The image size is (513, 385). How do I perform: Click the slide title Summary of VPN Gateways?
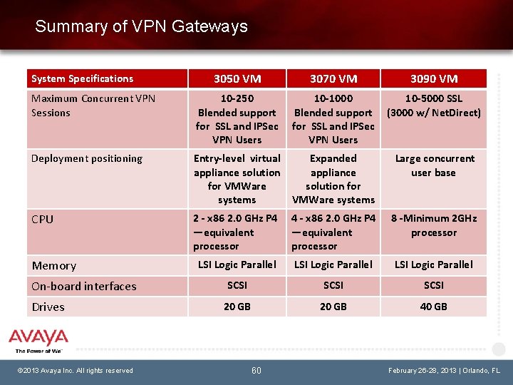click(x=141, y=27)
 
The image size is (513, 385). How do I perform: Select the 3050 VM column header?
click(x=237, y=78)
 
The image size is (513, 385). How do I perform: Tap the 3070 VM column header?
click(x=333, y=78)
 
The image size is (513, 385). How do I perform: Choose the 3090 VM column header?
click(x=433, y=78)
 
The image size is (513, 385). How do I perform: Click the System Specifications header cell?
click(x=83, y=78)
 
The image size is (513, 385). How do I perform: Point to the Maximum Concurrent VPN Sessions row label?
click(x=93, y=106)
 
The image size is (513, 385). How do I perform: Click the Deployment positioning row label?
click(x=87, y=158)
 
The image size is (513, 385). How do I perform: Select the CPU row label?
click(x=43, y=219)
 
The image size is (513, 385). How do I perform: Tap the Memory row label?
click(x=54, y=265)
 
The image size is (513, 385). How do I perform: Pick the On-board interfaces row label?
click(x=84, y=286)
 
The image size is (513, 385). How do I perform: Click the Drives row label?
click(x=48, y=307)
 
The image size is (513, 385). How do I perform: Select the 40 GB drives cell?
click(x=433, y=307)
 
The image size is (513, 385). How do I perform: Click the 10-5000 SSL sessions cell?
click(x=433, y=106)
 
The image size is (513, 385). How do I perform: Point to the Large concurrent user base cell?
click(x=433, y=165)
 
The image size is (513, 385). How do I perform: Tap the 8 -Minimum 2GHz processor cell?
click(x=433, y=225)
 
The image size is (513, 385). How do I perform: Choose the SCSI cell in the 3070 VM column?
click(x=333, y=285)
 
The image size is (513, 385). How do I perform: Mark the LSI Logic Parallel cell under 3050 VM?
click(x=237, y=265)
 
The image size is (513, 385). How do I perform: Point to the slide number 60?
click(x=256, y=370)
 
